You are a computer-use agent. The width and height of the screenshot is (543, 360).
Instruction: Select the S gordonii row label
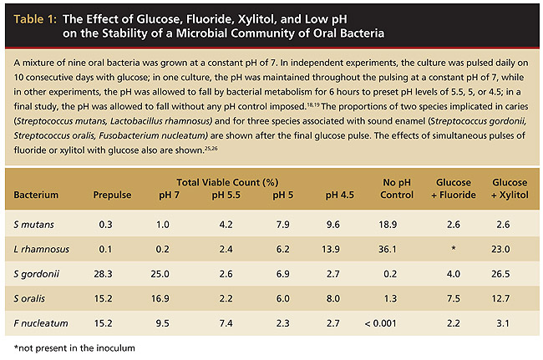coord(36,274)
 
